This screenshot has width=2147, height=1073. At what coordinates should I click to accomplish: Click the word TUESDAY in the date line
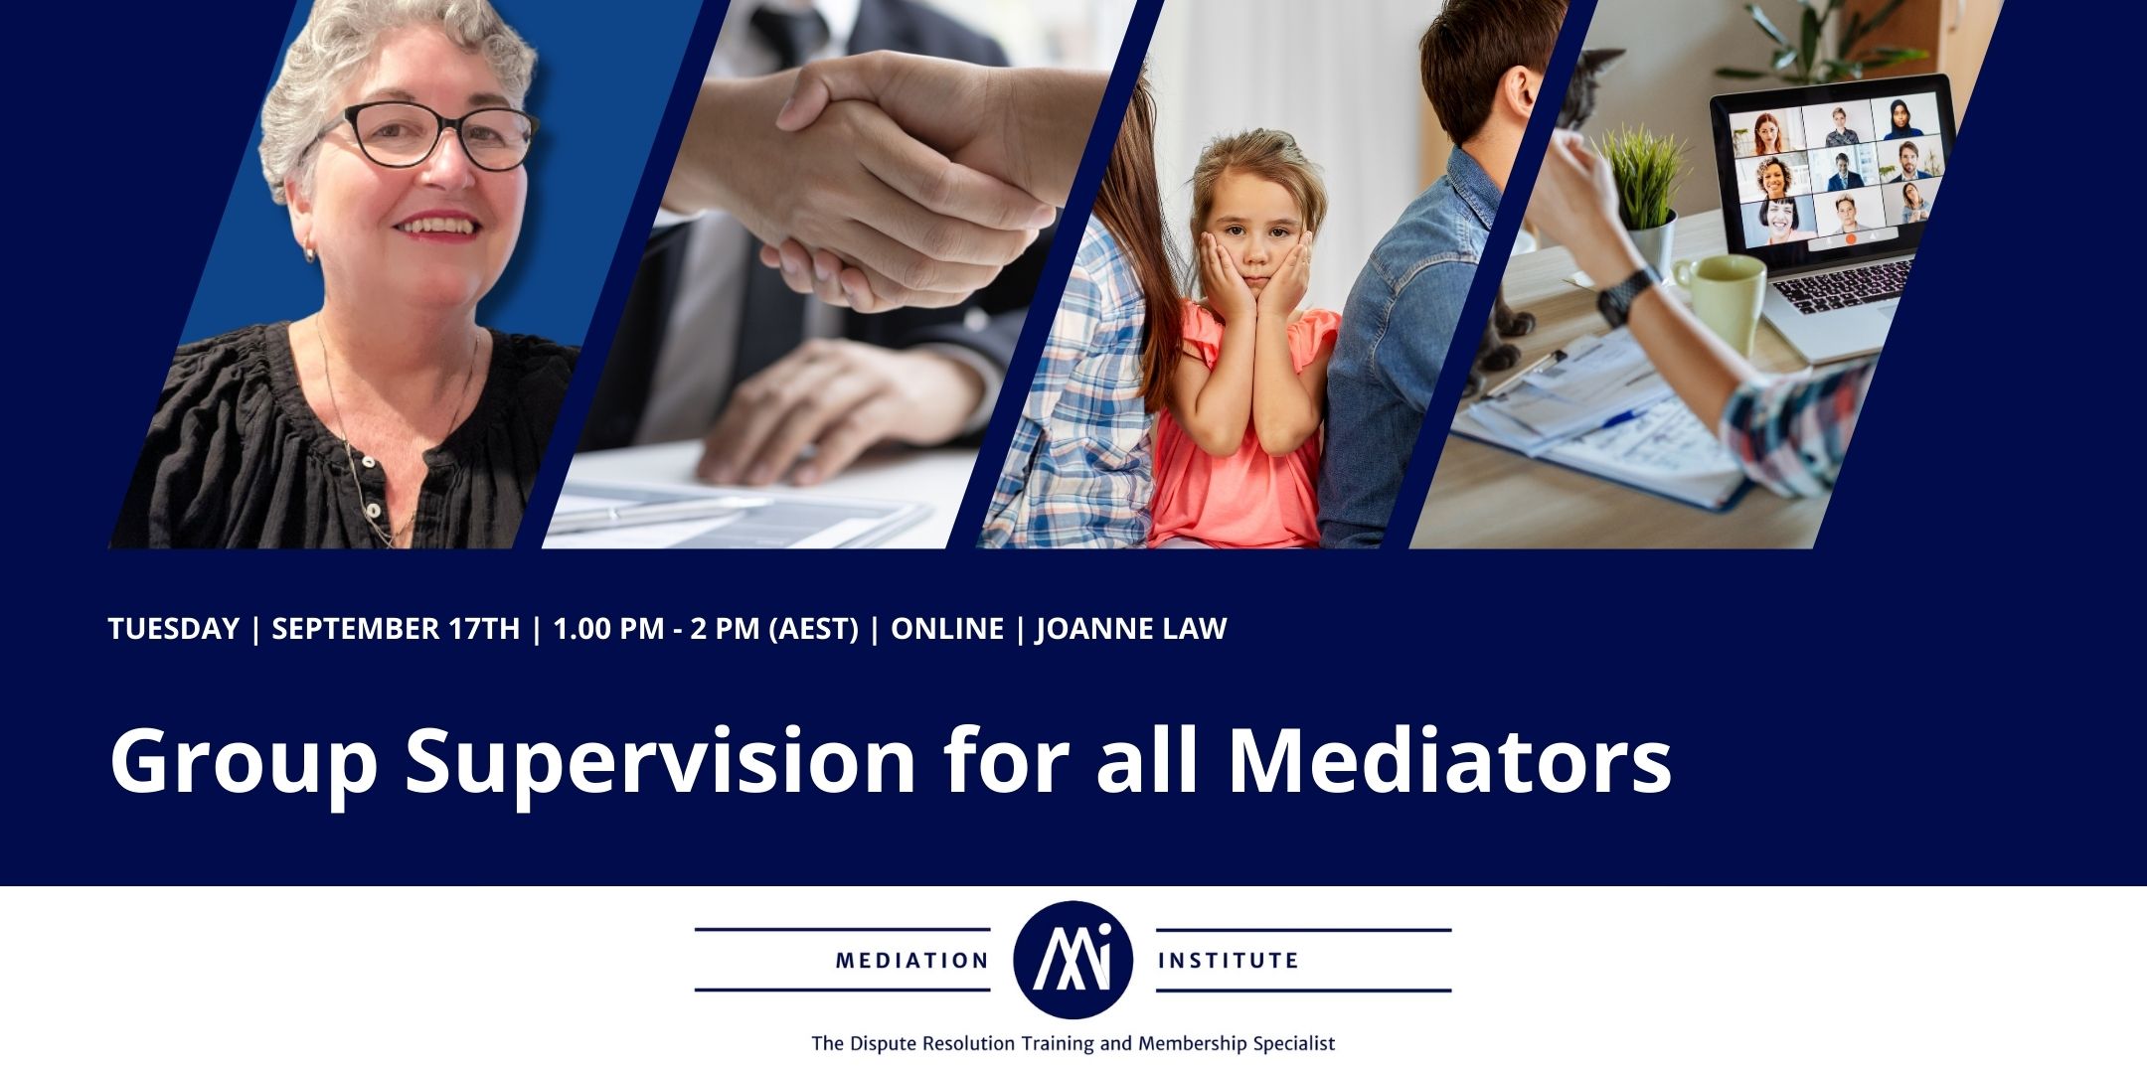coord(174,629)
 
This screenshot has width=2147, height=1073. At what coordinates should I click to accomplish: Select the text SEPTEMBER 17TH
coord(396,629)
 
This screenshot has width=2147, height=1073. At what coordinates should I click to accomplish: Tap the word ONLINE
coord(947,629)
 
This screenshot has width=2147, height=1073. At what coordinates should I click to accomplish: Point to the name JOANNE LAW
coord(1131,629)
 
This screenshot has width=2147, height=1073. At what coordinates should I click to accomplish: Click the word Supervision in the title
coord(660,762)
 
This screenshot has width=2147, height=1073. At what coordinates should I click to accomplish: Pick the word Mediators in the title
coord(1450,762)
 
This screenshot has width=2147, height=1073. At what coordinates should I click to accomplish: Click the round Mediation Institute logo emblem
coord(1073,960)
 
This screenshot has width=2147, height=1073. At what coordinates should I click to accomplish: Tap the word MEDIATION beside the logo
coord(911,961)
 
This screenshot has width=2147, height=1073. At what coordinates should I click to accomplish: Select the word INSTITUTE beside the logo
coord(1229,961)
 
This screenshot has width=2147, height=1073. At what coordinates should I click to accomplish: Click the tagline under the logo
coord(1073,1043)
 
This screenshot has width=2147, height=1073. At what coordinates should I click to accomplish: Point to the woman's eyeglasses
coord(437,136)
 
